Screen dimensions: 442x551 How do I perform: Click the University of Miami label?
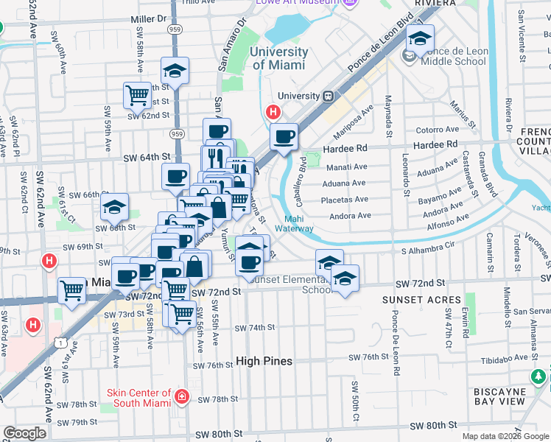pyautogui.click(x=278, y=58)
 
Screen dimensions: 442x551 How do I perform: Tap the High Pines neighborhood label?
pyautogui.click(x=264, y=361)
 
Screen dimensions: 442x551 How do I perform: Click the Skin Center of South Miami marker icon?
pyautogui.click(x=182, y=399)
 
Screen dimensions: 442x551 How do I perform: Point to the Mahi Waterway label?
pyautogui.click(x=295, y=223)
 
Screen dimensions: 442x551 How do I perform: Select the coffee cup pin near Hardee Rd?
pyautogui.click(x=284, y=136)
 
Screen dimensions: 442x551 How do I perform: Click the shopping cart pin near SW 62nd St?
pyautogui.click(x=137, y=94)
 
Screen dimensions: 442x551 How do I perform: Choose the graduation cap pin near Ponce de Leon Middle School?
pyautogui.click(x=420, y=38)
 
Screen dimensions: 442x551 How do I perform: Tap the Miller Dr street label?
pyautogui.click(x=147, y=18)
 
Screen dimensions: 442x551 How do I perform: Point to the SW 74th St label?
pyautogui.click(x=255, y=328)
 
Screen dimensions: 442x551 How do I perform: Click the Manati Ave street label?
pyautogui.click(x=345, y=169)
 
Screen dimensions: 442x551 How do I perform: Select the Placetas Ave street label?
pyautogui.click(x=345, y=200)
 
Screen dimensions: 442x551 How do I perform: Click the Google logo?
pyautogui.click(x=24, y=433)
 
